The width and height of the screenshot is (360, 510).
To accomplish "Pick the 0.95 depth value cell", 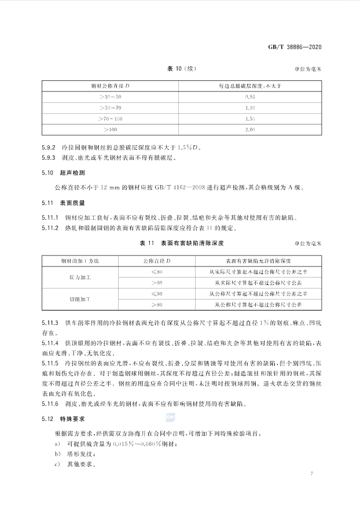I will click(250, 97).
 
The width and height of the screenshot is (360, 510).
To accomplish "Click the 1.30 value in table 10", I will click(250, 107).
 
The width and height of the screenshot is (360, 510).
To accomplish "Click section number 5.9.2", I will click(49, 146).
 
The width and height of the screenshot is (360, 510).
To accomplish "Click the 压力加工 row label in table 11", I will click(79, 277).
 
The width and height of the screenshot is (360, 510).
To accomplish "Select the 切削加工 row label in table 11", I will click(79, 298).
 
